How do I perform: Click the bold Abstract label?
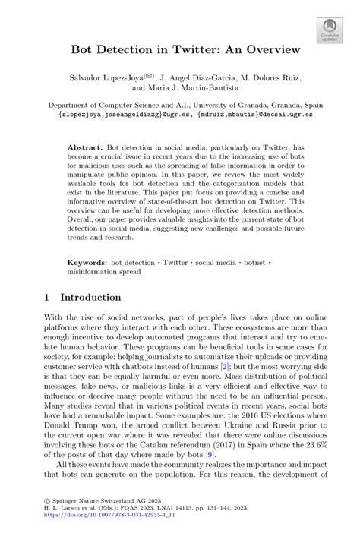point(86,143)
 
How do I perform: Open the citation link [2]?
point(224,367)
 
